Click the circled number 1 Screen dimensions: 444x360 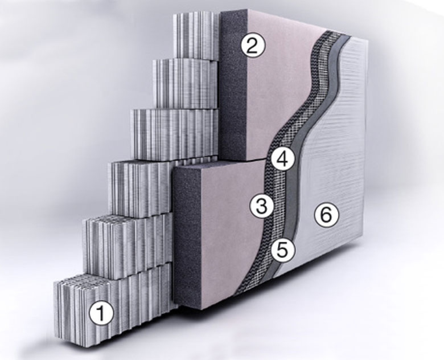click(101, 313)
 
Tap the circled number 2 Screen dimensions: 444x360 click(253, 46)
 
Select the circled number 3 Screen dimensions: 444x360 click(262, 206)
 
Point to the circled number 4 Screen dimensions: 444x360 click(283, 159)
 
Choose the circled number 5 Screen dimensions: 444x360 click(283, 249)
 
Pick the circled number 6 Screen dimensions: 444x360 click(326, 215)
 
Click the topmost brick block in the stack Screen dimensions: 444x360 click(196, 35)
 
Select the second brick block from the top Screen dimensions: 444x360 click(186, 84)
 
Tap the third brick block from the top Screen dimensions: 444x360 click(174, 134)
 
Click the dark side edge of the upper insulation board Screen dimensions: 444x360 click(233, 85)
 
